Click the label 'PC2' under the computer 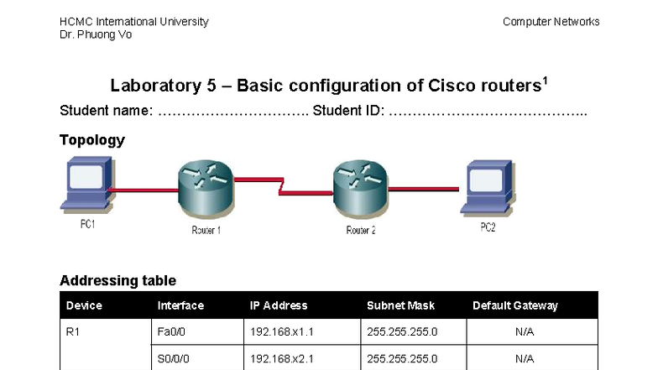[x=488, y=227]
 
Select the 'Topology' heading [x=92, y=140]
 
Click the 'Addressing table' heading [x=117, y=280]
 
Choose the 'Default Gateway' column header [x=514, y=305]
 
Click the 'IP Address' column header [x=279, y=305]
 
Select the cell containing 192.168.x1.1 [x=281, y=332]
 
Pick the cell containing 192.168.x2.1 [x=281, y=358]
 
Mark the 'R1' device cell [x=72, y=332]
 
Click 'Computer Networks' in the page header [x=551, y=22]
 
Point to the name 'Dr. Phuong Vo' [x=96, y=35]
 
